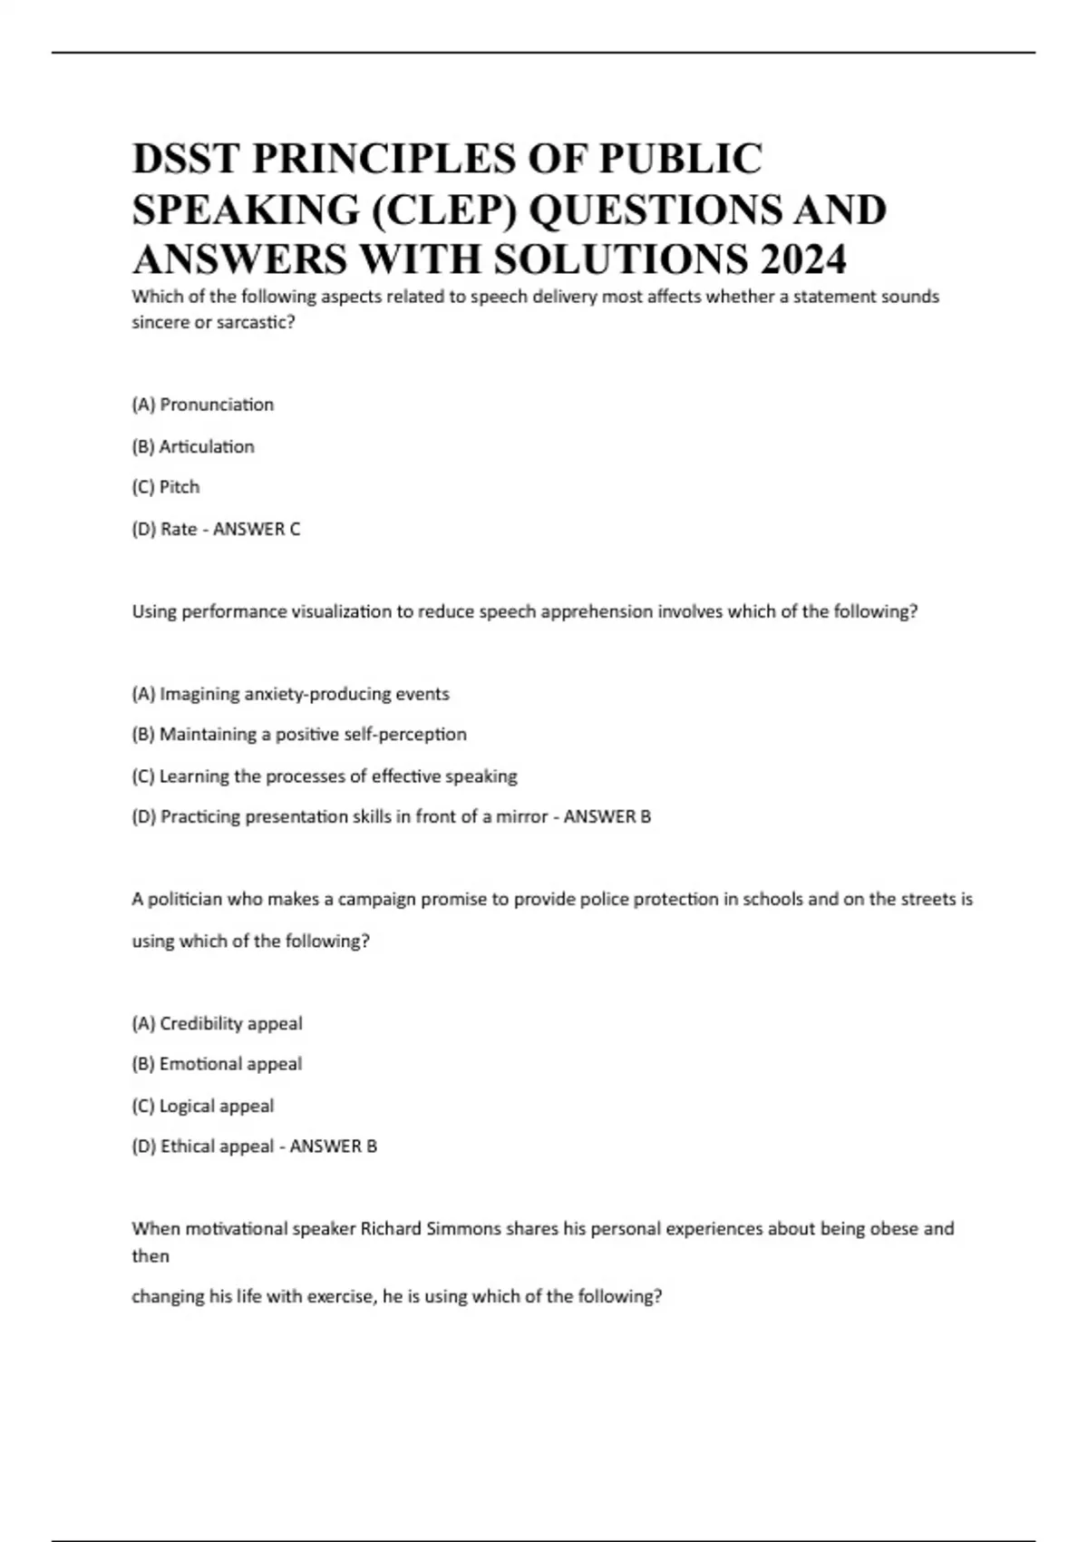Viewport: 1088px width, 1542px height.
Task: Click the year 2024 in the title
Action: click(803, 259)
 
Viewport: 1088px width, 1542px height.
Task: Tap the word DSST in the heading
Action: click(186, 159)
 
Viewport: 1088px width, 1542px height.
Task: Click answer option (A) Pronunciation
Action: click(202, 405)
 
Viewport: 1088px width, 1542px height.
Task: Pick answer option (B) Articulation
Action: click(193, 446)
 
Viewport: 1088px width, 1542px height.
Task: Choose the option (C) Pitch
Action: click(166, 487)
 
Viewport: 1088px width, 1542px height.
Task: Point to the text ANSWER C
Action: click(257, 529)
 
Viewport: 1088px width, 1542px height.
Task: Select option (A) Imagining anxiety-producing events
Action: click(290, 694)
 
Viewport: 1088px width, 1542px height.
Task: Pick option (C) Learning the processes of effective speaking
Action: click(325, 776)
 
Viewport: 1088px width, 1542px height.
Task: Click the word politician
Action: click(185, 899)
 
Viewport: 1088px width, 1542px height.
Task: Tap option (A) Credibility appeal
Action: click(217, 1023)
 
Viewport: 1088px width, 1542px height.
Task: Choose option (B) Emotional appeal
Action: click(217, 1064)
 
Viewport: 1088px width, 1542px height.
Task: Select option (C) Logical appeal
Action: click(203, 1106)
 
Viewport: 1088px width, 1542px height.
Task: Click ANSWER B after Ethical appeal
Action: click(333, 1147)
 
